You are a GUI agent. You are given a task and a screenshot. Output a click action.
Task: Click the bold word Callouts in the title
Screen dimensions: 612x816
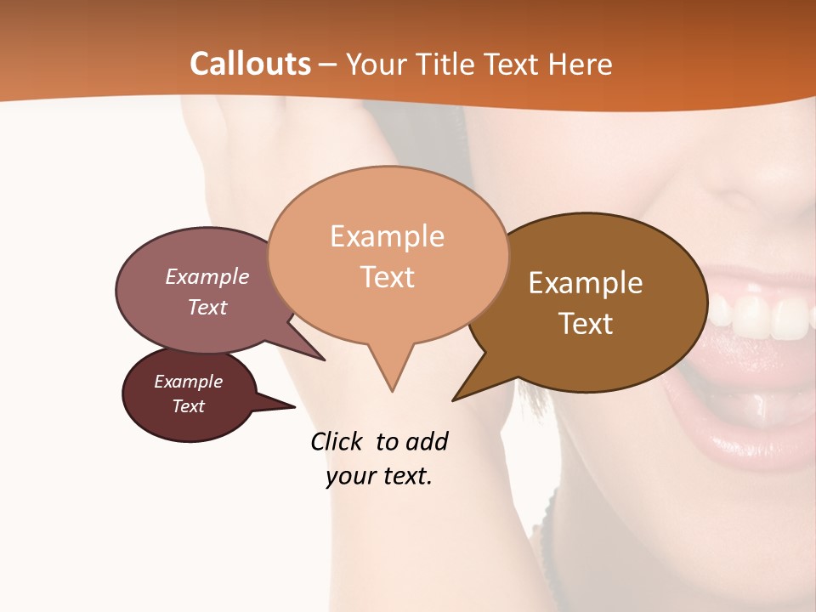[x=250, y=64]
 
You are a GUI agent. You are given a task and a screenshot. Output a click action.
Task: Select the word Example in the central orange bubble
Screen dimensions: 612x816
[x=387, y=236]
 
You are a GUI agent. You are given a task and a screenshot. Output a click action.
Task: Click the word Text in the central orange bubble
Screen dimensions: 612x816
[x=387, y=277]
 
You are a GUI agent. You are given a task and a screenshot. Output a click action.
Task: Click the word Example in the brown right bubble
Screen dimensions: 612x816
[x=586, y=283]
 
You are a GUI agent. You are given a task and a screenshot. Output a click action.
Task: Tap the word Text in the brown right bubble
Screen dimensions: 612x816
[x=586, y=324]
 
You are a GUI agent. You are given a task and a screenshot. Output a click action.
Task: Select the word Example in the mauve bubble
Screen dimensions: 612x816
[x=207, y=276]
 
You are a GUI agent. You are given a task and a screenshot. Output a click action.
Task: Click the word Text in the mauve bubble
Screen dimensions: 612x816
[x=207, y=307]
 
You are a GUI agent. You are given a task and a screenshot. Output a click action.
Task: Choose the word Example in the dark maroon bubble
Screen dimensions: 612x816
[x=188, y=382]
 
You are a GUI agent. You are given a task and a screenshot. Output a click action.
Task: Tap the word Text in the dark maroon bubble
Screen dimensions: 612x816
[x=188, y=406]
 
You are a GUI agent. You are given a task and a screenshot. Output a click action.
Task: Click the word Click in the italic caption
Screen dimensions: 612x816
[x=336, y=441]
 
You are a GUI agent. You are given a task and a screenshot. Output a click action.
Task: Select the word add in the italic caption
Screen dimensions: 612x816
[x=426, y=441]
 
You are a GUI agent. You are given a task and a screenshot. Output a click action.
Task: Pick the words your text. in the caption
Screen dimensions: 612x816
[x=379, y=476]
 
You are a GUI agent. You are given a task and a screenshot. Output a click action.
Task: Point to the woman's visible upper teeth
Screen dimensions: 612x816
[x=765, y=314]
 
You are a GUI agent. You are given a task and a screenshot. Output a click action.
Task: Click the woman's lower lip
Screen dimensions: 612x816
[x=748, y=442]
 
